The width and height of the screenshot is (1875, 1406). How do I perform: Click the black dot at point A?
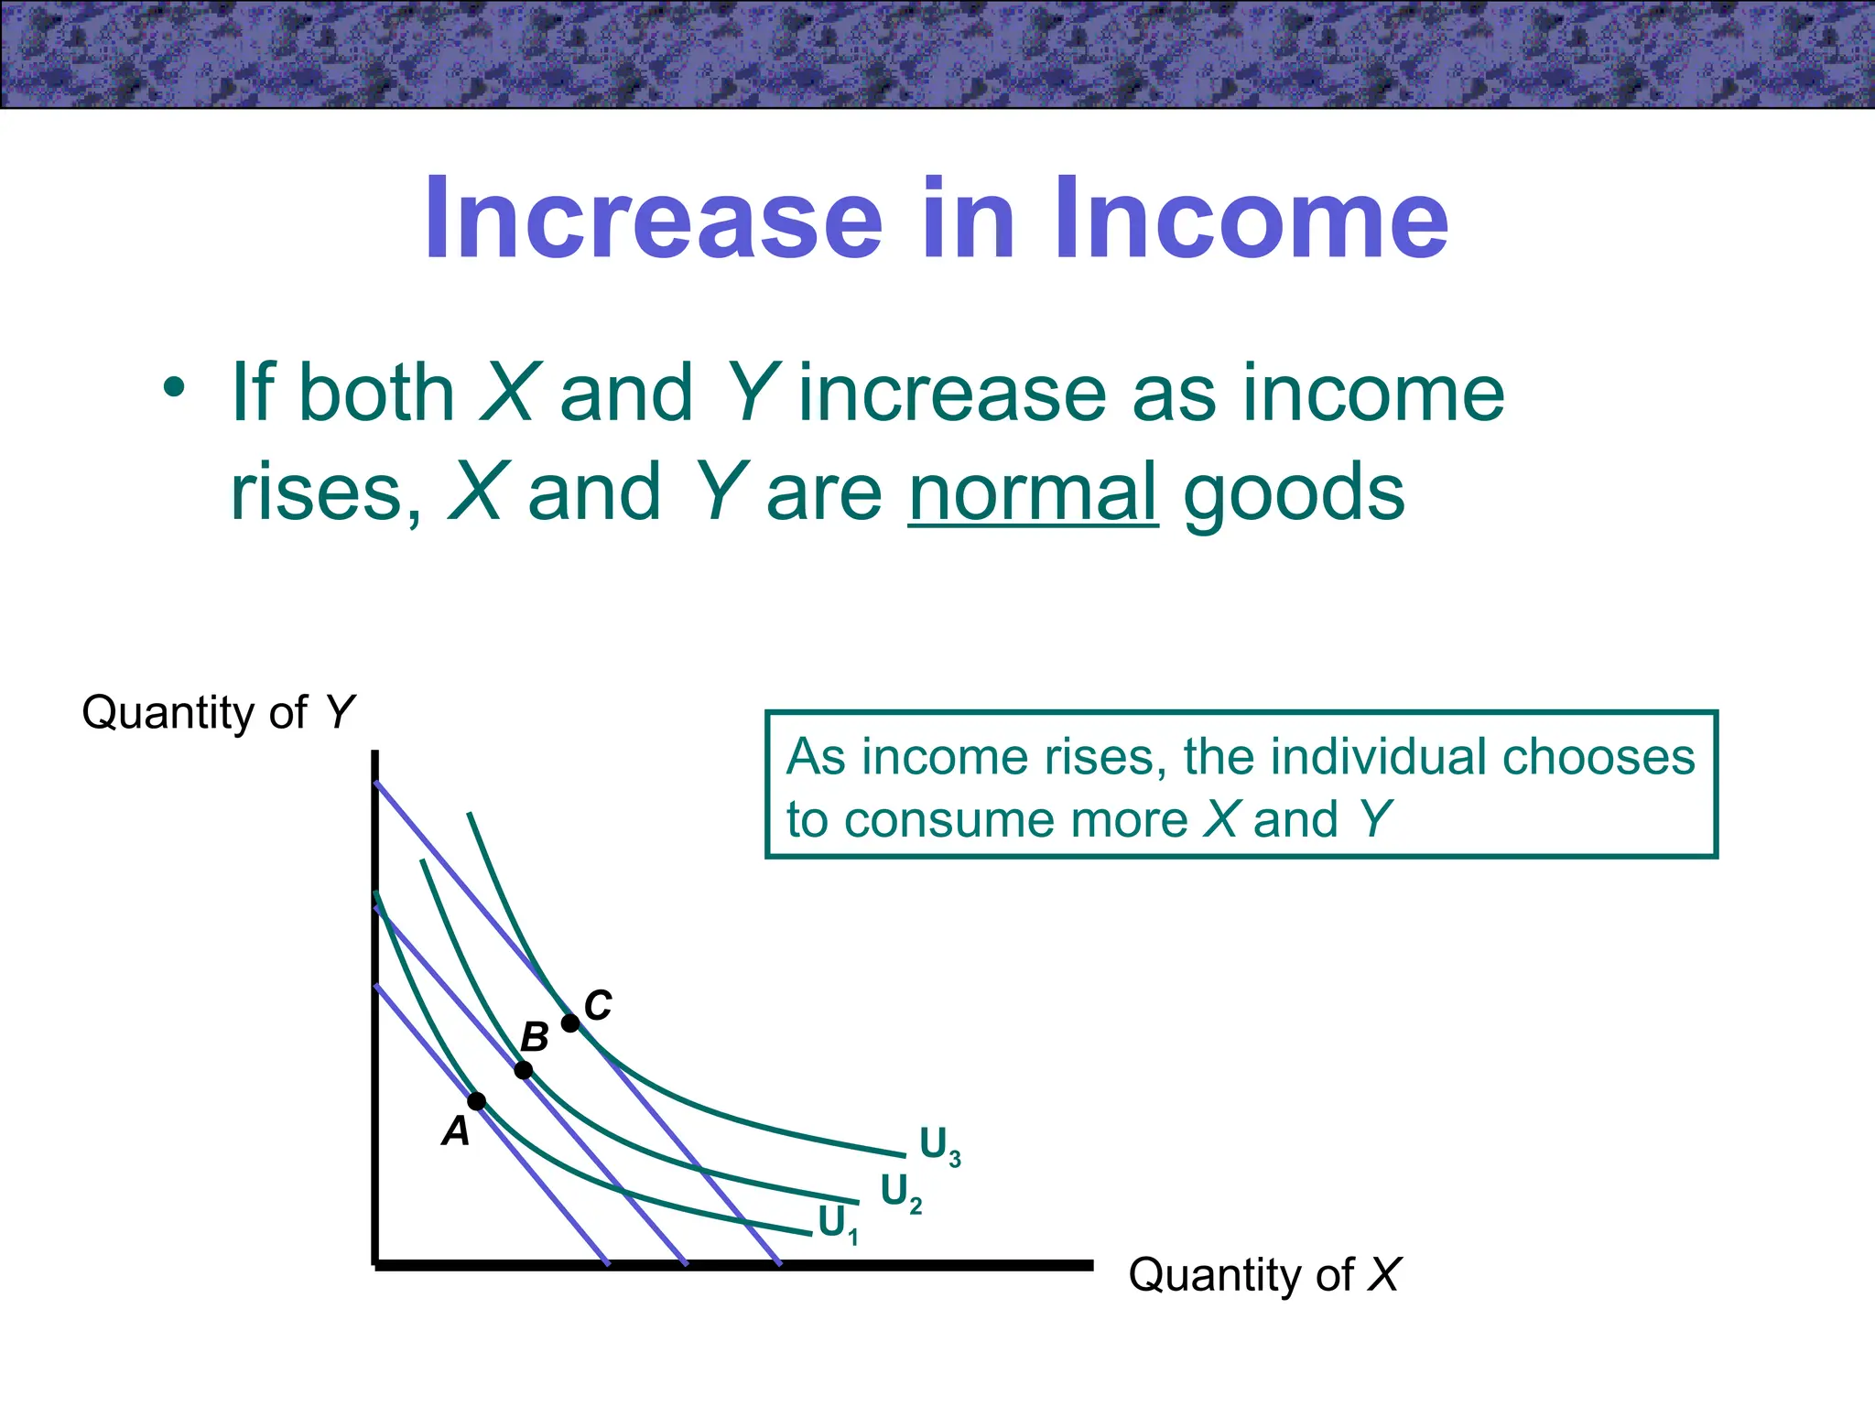tap(477, 1101)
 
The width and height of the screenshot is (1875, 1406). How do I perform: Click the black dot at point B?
tap(524, 1070)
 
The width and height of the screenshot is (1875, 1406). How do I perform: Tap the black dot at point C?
tap(570, 1023)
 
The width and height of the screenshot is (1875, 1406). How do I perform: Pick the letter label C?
tap(598, 1006)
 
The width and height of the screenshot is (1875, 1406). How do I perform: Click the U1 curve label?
tap(838, 1225)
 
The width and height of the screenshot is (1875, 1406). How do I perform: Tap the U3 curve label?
tap(939, 1146)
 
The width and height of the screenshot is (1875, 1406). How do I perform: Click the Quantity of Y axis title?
tap(218, 713)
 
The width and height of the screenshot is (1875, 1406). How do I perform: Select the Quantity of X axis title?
tap(1263, 1275)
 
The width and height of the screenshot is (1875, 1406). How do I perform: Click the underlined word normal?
tap(1033, 492)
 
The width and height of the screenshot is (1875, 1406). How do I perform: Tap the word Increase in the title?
tap(653, 220)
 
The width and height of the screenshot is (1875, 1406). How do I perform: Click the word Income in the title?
tap(1251, 220)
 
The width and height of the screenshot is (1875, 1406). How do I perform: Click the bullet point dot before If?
tap(174, 388)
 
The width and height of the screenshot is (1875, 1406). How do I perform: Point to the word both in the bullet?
tap(376, 393)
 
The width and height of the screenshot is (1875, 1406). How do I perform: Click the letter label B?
tap(535, 1038)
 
